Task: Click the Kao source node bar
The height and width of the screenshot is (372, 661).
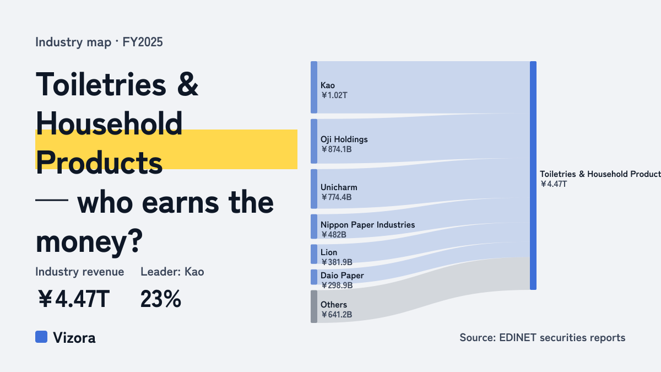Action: coord(314,88)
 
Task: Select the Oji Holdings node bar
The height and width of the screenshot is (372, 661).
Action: coord(314,142)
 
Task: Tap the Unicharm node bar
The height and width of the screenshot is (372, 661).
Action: coord(314,189)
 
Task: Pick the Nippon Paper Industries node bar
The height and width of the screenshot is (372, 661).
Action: coord(314,227)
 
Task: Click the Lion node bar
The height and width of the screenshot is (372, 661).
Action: coord(314,254)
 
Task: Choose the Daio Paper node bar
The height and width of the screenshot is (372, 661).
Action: coord(314,277)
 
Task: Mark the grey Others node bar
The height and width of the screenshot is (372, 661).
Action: coord(314,306)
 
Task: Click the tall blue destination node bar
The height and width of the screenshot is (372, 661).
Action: coord(533,175)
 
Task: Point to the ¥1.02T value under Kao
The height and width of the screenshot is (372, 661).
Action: coord(334,95)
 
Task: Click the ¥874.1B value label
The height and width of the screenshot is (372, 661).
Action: coord(337,149)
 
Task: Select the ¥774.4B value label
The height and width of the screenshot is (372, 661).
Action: coord(337,197)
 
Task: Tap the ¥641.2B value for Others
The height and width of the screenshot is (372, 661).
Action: coord(337,315)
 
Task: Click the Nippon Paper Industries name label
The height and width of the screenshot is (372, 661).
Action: coord(368,225)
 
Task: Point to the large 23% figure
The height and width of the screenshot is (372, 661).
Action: coord(161,299)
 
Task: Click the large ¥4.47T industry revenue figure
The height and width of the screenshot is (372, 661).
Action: coord(73,299)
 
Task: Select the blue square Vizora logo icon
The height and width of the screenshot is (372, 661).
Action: coord(41,337)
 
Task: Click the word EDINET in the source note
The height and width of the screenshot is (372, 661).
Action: coord(518,337)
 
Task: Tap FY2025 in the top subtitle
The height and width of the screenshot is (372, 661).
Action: coord(143,42)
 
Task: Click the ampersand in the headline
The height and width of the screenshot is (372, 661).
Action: coord(188,84)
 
